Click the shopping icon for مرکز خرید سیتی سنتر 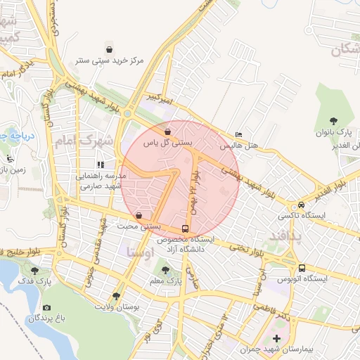[110, 49]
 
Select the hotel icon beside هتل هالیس [239, 135]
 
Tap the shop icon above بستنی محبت [139, 215]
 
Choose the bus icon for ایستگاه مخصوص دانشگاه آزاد [186, 229]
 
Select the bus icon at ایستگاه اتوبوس [302, 268]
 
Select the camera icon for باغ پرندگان [47, 307]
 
